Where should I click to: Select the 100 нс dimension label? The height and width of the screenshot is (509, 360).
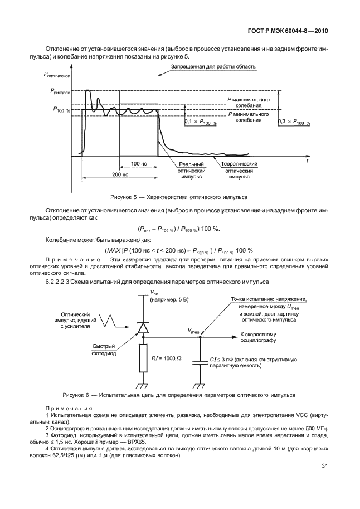139,163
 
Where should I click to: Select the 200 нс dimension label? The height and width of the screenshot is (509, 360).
119,174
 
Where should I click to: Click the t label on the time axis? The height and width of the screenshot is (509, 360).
307,159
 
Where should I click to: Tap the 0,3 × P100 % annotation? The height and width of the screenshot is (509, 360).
294,122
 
